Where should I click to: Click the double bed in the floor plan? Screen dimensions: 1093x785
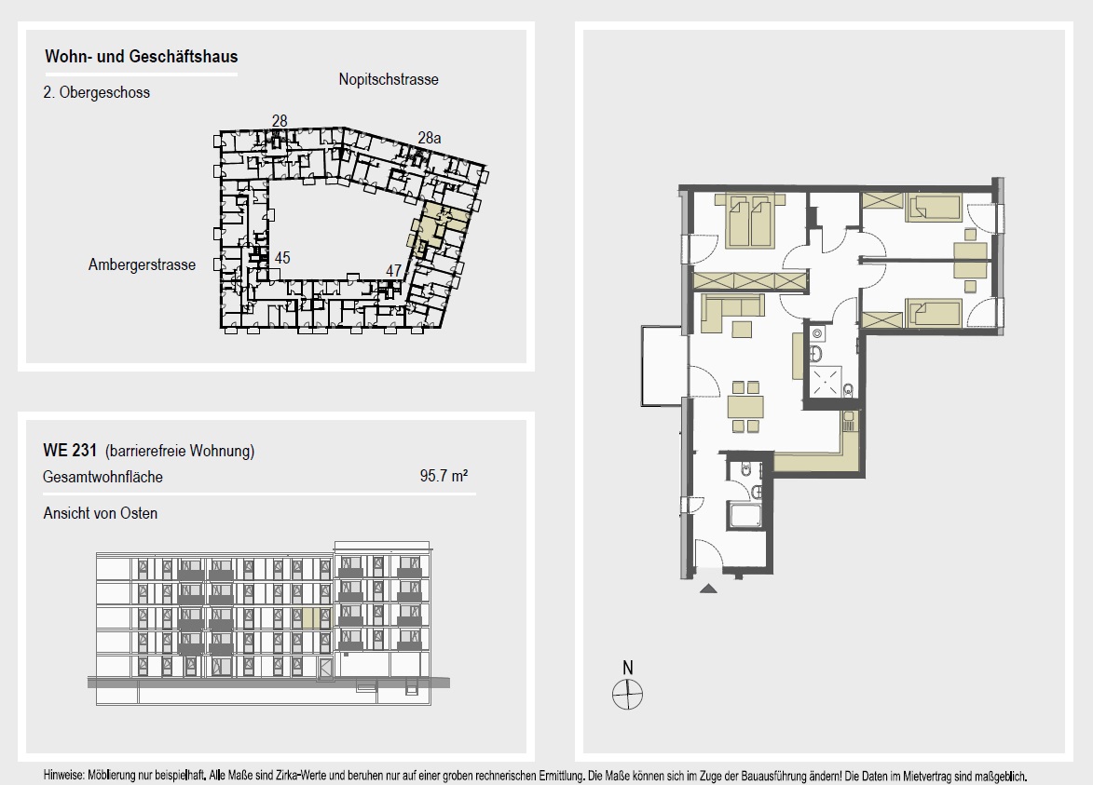click(x=750, y=220)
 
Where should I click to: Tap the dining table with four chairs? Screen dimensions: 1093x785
click(x=745, y=406)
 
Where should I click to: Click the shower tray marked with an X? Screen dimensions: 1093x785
click(x=825, y=381)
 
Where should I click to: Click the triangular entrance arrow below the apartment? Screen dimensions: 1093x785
click(x=708, y=589)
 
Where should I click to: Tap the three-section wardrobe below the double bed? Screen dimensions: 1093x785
click(x=750, y=281)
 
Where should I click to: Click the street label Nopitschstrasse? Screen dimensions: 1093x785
click(x=389, y=79)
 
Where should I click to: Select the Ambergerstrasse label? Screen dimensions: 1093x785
click(x=142, y=264)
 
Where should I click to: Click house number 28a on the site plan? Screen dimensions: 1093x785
click(x=430, y=138)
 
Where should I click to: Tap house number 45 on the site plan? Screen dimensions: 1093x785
click(x=282, y=258)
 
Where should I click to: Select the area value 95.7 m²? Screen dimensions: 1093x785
click(x=444, y=476)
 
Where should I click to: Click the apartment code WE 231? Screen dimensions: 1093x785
click(x=70, y=450)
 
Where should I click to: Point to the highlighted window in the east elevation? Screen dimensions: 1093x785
click(x=311, y=617)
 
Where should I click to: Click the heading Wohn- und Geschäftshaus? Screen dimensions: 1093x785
click(x=142, y=57)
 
